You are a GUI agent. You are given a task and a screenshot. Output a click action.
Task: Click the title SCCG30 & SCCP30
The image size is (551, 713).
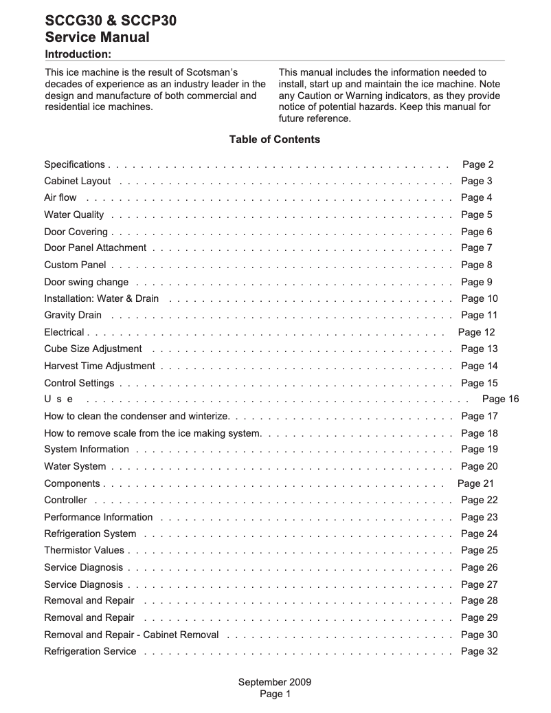110,21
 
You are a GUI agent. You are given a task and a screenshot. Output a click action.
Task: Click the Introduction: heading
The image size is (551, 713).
78,54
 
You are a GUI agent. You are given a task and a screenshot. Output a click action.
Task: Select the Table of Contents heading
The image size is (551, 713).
274,140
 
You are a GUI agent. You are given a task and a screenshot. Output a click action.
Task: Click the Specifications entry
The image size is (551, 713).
74,164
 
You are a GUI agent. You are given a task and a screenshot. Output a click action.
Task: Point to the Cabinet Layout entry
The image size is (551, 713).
77,182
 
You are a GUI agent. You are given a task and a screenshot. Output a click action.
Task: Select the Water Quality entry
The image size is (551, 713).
74,215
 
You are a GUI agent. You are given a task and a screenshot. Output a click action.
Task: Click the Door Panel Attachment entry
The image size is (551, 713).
95,248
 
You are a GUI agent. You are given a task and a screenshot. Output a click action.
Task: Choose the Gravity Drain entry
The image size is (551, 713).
72,316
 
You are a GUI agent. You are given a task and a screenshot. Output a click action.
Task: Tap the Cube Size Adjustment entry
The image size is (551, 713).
93,349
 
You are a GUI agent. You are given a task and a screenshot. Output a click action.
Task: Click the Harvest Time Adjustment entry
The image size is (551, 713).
99,366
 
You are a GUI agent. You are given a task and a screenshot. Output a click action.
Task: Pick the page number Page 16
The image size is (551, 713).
500,399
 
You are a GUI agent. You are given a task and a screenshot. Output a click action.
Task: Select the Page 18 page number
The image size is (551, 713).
479,434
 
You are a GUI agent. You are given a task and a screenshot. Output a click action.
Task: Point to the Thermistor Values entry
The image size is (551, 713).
84,551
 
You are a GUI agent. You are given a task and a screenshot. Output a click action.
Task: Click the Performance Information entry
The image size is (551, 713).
98,518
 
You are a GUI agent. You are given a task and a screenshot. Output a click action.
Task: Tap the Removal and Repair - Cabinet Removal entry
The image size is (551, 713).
131,635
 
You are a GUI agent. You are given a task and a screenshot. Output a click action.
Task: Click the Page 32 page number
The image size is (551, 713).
479,652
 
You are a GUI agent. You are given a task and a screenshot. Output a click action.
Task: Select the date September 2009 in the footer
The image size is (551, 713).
275,683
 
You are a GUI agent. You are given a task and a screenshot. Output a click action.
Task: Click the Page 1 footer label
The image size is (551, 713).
275,694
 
